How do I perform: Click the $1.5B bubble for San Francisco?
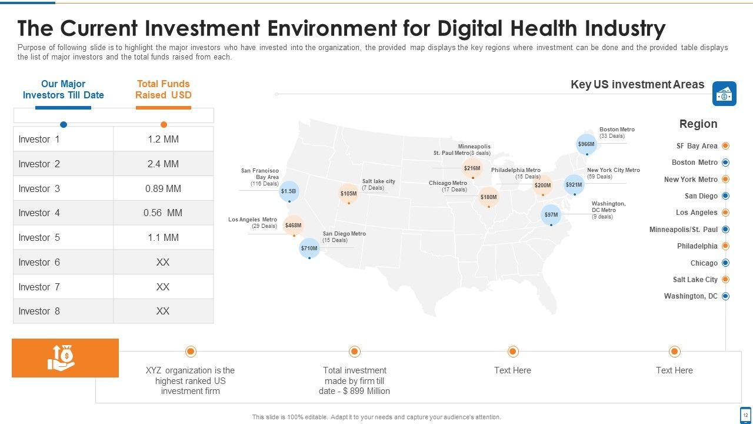289,191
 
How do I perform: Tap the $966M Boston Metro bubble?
587,144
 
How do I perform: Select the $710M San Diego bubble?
309,249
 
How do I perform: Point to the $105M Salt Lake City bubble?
349,194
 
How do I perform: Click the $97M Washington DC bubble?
551,215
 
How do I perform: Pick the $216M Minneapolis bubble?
472,168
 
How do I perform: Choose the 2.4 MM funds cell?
163,164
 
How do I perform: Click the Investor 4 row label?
39,213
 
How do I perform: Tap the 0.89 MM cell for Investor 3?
163,188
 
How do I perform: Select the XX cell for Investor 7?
163,287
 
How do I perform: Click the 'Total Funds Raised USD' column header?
164,90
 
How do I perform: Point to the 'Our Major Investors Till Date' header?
64,90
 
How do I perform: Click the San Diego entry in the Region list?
701,196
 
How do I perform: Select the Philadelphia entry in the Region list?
697,246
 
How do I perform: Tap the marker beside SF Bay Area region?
725,145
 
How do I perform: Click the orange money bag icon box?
65,358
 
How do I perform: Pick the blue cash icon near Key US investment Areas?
724,94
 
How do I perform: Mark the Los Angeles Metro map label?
252,220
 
